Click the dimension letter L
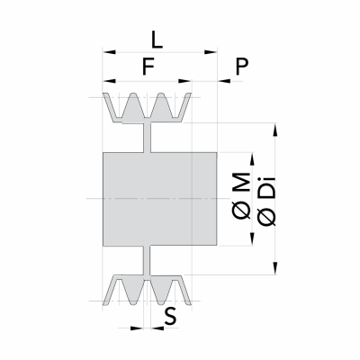point(157,40)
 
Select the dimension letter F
point(148,67)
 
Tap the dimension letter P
point(242,67)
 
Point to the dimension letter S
point(170,317)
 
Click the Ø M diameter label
point(241,195)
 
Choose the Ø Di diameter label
point(266,201)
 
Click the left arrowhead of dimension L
point(109,52)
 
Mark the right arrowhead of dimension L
point(211,52)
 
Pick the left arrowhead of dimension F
point(109,81)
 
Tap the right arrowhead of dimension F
point(184,81)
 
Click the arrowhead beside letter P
point(223,81)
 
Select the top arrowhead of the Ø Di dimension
point(275,130)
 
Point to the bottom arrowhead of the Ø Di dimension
point(275,268)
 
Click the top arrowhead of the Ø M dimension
point(252,159)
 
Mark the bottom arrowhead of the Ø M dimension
point(252,239)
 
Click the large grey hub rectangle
point(159,199)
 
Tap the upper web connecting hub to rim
point(147,138)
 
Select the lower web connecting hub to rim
point(147,261)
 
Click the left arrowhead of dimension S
point(137,328)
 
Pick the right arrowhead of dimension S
point(157,328)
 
